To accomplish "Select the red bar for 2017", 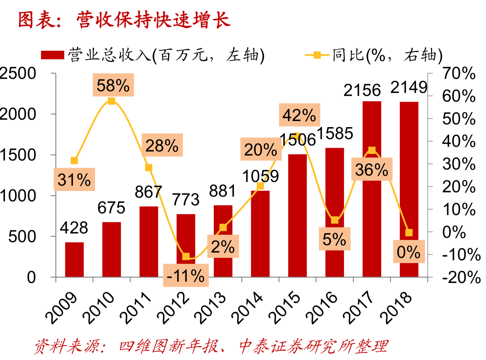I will (372, 189).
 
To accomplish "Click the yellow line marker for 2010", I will (111, 101).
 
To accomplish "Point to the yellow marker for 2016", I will (334, 220).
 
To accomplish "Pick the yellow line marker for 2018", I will (409, 233).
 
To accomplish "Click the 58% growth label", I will (113, 85).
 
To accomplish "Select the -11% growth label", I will (186, 276).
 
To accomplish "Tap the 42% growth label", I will (299, 115).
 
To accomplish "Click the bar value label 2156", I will (362, 90).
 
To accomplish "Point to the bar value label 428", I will (74, 228).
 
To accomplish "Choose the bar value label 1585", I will (335, 133).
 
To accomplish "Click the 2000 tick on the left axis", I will (17, 114).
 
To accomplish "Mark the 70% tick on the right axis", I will (459, 73).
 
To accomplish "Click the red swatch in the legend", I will (53, 55).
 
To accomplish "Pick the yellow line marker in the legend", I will (317, 55).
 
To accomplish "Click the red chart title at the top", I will (124, 20).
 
